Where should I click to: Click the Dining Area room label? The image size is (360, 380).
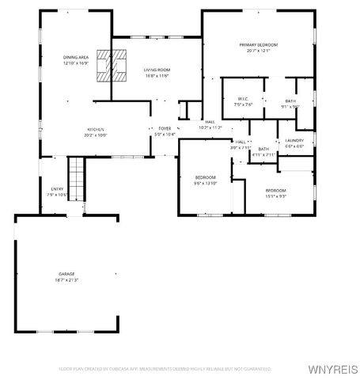pyautogui.click(x=77, y=58)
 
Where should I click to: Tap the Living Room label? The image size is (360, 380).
pyautogui.click(x=157, y=70)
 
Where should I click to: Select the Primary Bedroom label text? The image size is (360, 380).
pyautogui.click(x=259, y=44)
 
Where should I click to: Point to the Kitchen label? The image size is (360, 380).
pyautogui.click(x=96, y=129)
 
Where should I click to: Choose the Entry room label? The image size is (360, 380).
pyautogui.click(x=57, y=188)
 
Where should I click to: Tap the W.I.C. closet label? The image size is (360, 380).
pyautogui.click(x=243, y=99)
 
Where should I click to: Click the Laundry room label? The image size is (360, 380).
pyautogui.click(x=294, y=141)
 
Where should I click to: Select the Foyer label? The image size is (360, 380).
pyautogui.click(x=165, y=128)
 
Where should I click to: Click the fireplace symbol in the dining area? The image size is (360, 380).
pyautogui.click(x=110, y=65)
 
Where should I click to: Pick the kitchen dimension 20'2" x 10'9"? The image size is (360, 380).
pyautogui.click(x=96, y=135)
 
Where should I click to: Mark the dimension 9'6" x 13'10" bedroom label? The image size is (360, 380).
pyautogui.click(x=206, y=182)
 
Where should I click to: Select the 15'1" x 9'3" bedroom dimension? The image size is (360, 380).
pyautogui.click(x=275, y=196)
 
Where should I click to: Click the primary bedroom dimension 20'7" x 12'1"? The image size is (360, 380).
pyautogui.click(x=259, y=51)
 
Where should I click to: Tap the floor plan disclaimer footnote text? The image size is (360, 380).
pyautogui.click(x=165, y=368)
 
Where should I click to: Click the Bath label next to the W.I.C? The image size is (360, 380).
pyautogui.click(x=291, y=99)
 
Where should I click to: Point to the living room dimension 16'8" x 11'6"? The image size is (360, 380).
pyautogui.click(x=157, y=76)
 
